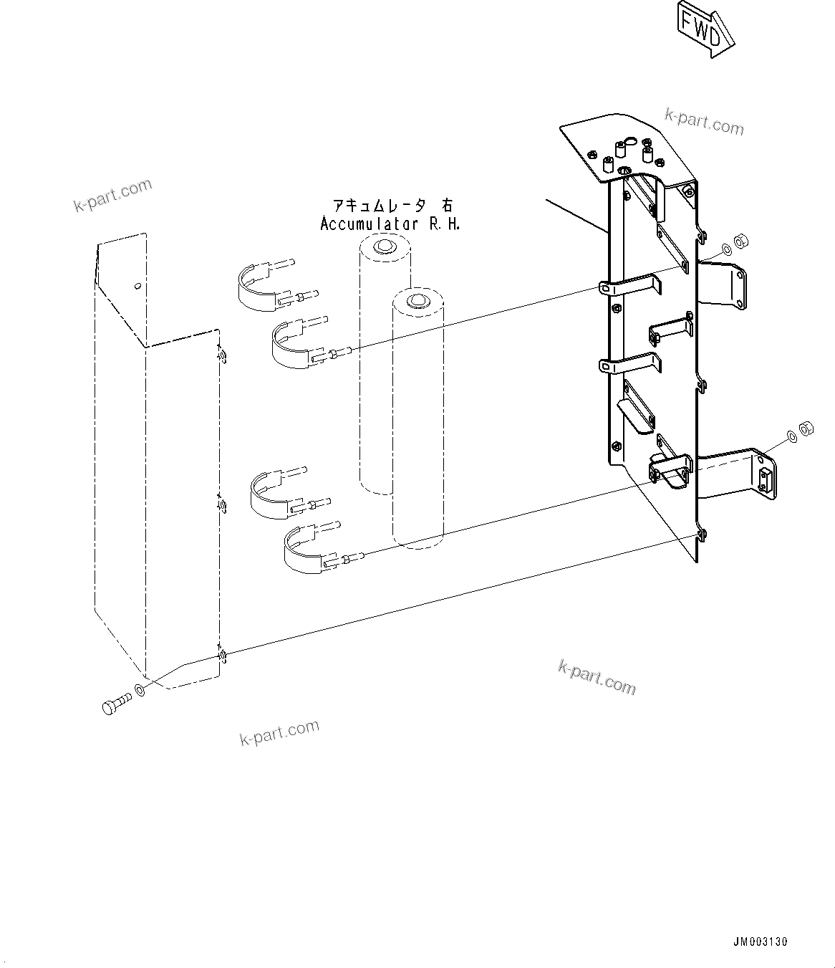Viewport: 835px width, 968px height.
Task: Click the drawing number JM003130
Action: tap(760, 941)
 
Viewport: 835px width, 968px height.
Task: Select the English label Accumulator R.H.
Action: tap(390, 224)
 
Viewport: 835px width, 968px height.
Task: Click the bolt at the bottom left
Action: tap(115, 702)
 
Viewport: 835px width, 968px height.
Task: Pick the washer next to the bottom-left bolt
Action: tap(139, 691)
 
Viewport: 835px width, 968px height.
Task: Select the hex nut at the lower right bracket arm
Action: tap(804, 428)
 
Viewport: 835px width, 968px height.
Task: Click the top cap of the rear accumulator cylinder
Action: tap(385, 246)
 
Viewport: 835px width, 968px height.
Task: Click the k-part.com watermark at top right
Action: tap(705, 123)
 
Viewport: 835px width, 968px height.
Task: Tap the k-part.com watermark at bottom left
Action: tap(279, 732)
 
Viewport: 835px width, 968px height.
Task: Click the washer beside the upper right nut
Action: tap(727, 249)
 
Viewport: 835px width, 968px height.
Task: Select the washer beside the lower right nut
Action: tap(791, 435)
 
